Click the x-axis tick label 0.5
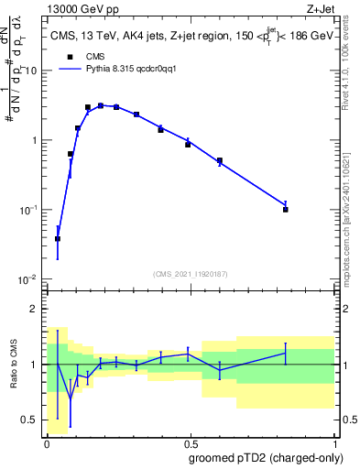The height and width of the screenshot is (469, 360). pyautogui.click(x=192, y=442)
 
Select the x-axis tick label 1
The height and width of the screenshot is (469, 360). pyautogui.click(x=337, y=442)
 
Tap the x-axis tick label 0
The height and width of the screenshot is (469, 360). pyautogui.click(x=47, y=442)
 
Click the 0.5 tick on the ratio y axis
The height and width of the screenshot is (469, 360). pyautogui.click(x=30, y=420)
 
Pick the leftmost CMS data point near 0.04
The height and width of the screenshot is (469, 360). pyautogui.click(x=58, y=238)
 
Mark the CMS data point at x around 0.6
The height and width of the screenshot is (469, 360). pyautogui.click(x=220, y=161)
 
